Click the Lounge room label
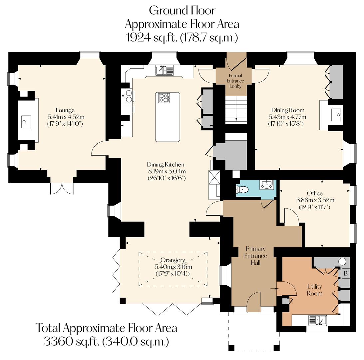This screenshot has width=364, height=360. point(65,110)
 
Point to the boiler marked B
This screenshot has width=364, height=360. point(346,273)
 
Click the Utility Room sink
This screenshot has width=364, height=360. point(318,320)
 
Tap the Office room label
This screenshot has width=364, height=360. point(315,193)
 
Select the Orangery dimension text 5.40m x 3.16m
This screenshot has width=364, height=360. point(173,267)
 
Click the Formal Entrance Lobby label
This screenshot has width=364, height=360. point(235,81)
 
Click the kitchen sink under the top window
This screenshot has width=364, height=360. point(164,70)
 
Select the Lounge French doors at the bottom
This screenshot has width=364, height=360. point(62,188)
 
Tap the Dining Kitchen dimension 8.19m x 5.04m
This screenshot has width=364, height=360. point(166,171)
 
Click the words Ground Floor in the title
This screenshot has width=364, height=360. point(182,10)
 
